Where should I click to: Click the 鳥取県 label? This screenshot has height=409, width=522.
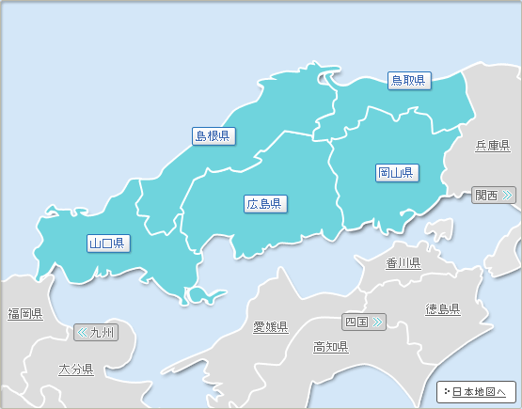(x=409, y=81)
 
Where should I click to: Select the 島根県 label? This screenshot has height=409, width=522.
(x=214, y=136)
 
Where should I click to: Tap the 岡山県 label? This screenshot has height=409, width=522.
(x=397, y=173)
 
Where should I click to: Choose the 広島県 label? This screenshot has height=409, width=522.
(x=266, y=203)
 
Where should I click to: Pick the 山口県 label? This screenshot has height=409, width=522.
(x=108, y=244)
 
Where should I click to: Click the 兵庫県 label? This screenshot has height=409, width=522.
(x=492, y=146)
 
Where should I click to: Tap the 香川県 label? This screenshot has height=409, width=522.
(x=403, y=263)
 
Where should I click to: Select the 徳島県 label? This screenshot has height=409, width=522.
(x=442, y=309)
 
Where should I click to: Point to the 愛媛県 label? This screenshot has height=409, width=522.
(x=270, y=327)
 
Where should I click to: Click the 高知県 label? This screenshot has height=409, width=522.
(x=330, y=347)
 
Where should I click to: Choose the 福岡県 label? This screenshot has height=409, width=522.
(x=25, y=313)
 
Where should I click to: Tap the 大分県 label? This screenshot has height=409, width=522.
(x=75, y=370)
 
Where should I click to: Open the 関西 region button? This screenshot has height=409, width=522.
(x=494, y=196)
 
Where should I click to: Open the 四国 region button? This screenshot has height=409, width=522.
(x=364, y=322)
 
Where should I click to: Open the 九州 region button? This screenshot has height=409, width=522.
(x=96, y=332)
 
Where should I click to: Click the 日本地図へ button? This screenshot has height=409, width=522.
(x=477, y=391)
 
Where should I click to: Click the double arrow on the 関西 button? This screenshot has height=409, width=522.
(x=508, y=196)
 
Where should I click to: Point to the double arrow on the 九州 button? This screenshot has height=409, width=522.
(x=82, y=332)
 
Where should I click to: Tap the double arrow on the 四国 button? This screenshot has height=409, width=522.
(x=378, y=322)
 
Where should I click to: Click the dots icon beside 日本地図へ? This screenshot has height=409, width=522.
(x=446, y=391)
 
